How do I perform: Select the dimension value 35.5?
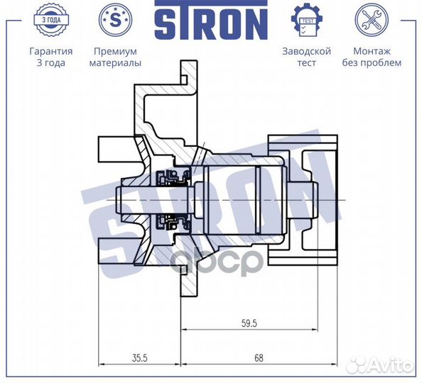coord(139,358)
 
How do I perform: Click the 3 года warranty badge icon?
coord(50,21)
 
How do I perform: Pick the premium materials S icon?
coord(114,21)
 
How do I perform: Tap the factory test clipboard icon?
coord(306,21)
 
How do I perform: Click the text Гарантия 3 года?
coord(50,57)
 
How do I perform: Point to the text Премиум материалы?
coord(114,57)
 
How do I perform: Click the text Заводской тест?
coord(306,57)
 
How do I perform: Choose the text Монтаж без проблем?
coord(377,57)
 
